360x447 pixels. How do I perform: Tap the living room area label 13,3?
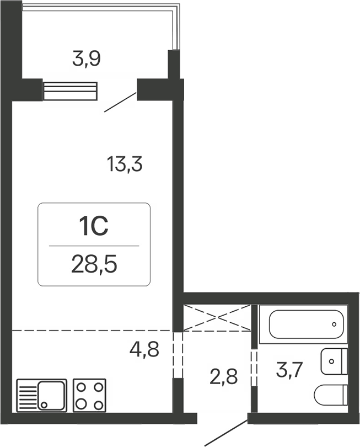tap(125, 164)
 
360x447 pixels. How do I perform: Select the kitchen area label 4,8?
tap(144, 349)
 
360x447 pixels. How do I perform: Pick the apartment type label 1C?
tap(94, 226)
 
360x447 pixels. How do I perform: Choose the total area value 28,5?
tap(94, 265)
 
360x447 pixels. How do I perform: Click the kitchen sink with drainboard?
tap(42, 395)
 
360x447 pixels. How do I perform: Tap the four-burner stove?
tap(89, 395)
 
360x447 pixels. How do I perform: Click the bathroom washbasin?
tap(334, 361)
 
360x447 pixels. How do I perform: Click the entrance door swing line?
tap(226, 432)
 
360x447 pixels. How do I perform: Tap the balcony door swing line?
tap(120, 102)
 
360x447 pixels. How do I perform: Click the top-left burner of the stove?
tap(80, 386)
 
